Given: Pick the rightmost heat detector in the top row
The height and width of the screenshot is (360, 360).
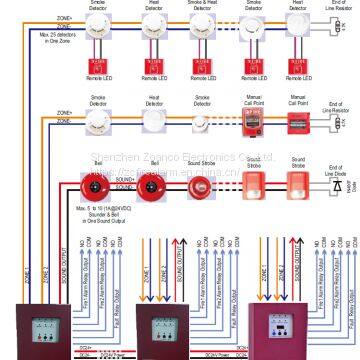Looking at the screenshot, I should click(x=297, y=30).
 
